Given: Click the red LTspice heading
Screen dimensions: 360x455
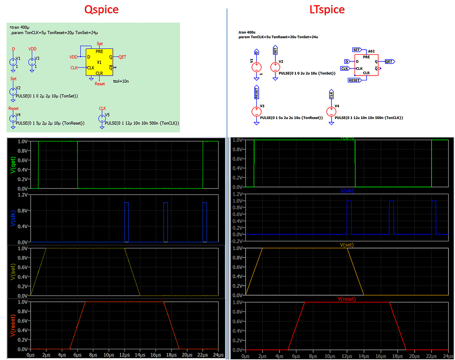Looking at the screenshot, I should pyautogui.click(x=327, y=9).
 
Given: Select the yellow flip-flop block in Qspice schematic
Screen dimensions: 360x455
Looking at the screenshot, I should pyautogui.click(x=100, y=62).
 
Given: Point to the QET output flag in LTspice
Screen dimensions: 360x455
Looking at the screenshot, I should pyautogui.click(x=389, y=61).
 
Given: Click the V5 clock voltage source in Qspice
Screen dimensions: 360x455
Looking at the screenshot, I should pyautogui.click(x=102, y=118).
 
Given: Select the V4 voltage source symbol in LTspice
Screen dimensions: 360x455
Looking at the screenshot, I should pyautogui.click(x=331, y=112).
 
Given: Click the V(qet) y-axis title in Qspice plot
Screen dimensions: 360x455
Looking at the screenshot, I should pyautogui.click(x=12, y=164).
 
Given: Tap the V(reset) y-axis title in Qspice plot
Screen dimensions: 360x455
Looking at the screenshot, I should pyautogui.click(x=12, y=325).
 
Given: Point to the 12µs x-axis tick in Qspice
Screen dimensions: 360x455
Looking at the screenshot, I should pyautogui.click(x=125, y=355).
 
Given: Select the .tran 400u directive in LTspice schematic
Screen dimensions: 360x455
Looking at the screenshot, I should pyautogui.click(x=247, y=32).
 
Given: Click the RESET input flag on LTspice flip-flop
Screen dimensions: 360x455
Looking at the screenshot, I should pyautogui.click(x=355, y=80).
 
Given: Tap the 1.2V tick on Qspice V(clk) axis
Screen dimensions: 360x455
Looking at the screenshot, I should pyautogui.click(x=22, y=195).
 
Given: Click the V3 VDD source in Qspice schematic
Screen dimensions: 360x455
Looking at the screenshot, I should pyautogui.click(x=32, y=61).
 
